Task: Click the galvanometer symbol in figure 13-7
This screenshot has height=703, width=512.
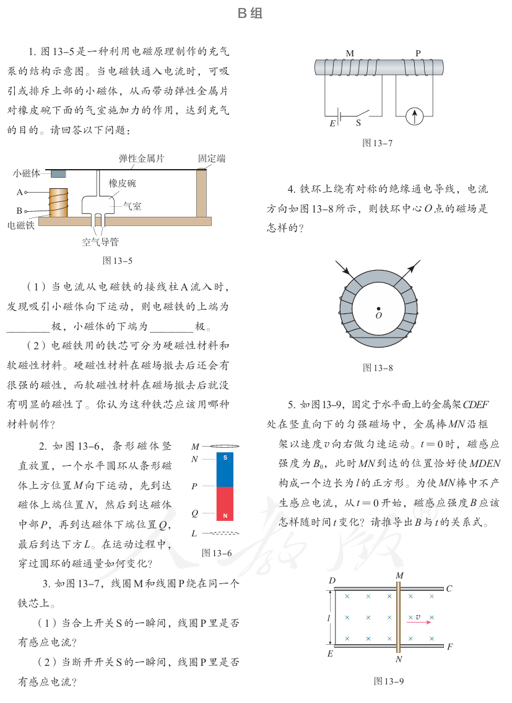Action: coord(415,115)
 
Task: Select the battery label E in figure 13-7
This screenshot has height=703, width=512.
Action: coord(332,123)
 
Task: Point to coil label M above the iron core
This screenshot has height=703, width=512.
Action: coord(350,53)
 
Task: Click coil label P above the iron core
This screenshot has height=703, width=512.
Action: coord(418,53)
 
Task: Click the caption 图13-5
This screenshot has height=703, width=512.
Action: coord(118,260)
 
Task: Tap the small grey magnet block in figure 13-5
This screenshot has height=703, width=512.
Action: coord(58,174)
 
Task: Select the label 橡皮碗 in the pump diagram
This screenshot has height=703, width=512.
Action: coord(122,183)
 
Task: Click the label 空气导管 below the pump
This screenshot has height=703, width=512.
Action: coord(100,242)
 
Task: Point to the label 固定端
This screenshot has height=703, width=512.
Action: coord(212,159)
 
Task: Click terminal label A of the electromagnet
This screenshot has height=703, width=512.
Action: coord(20,193)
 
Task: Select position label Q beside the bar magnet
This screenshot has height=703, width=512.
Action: coord(194,513)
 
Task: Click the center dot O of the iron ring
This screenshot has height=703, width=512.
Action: coord(378,307)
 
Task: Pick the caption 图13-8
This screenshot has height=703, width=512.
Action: coord(378,368)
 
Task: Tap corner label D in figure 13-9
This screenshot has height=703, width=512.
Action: coord(332,580)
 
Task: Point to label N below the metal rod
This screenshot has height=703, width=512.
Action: coord(399,659)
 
